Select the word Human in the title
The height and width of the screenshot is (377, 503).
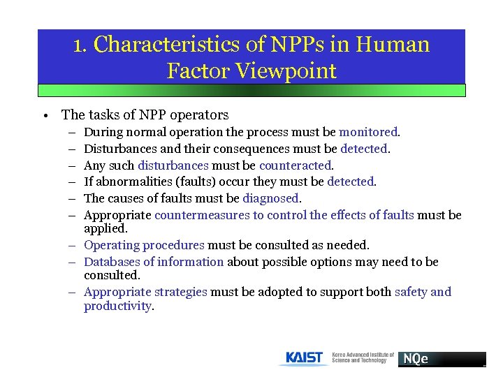(393, 45)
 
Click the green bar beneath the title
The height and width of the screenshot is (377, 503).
(251, 90)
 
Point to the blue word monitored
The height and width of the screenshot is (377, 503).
(368, 131)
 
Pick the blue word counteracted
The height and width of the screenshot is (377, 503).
(296, 165)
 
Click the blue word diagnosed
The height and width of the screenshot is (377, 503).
(271, 198)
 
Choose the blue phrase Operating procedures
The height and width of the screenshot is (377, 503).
(144, 245)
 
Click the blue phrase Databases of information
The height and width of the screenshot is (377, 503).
(154, 262)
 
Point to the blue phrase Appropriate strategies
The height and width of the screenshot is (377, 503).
(145, 292)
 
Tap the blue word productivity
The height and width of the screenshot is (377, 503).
(117, 306)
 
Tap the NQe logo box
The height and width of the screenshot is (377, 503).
(441, 359)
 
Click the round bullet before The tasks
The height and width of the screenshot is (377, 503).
(44, 115)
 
